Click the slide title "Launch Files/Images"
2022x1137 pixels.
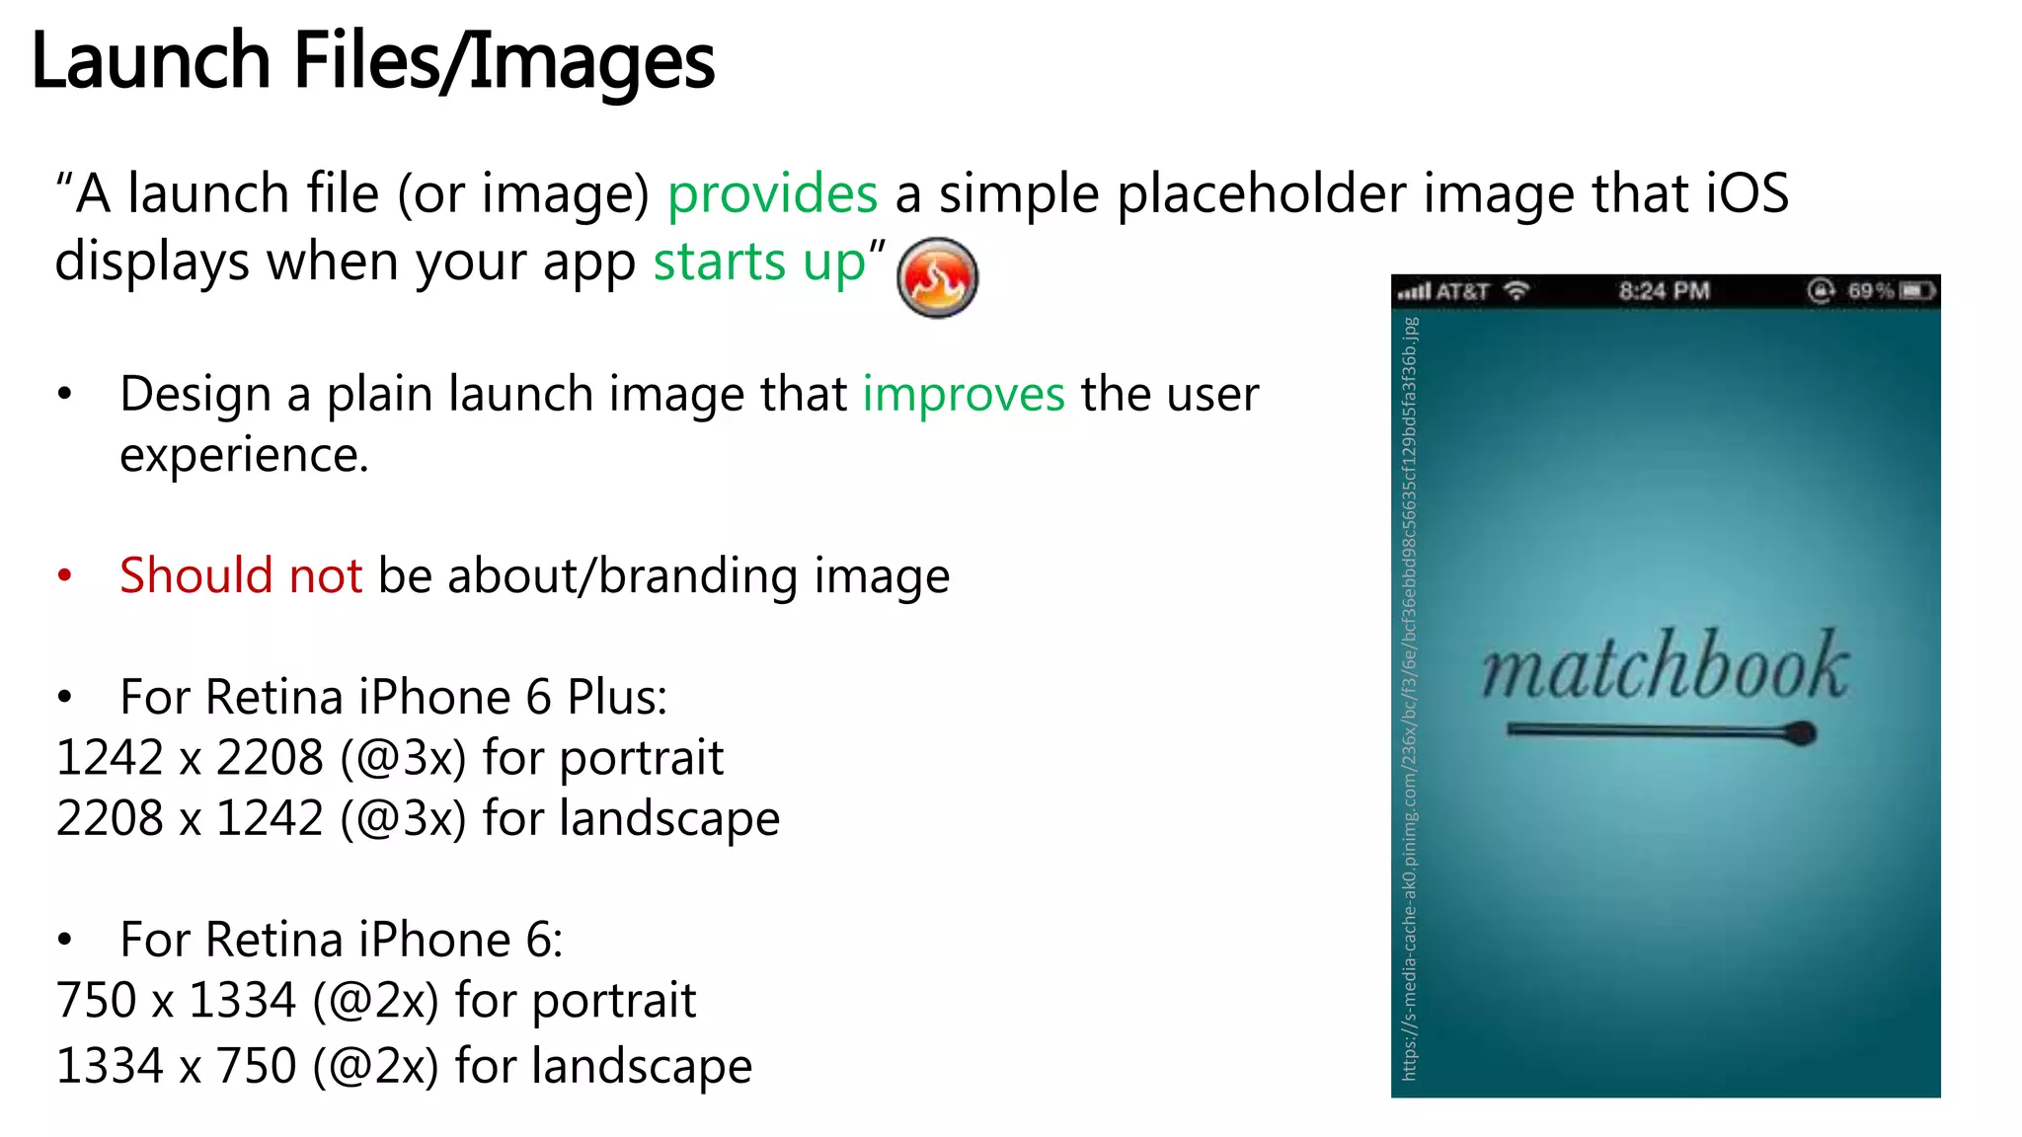pyautogui.click(x=373, y=61)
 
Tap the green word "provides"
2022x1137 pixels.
pyautogui.click(x=772, y=193)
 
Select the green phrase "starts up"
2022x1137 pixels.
pyautogui.click(x=759, y=263)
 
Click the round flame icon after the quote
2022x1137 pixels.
pyautogui.click(x=937, y=277)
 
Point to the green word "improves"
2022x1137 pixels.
pyautogui.click(x=964, y=395)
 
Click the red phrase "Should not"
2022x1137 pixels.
pyautogui.click(x=241, y=575)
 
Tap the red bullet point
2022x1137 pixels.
pyautogui.click(x=65, y=575)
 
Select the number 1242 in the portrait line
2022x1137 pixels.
pyautogui.click(x=110, y=758)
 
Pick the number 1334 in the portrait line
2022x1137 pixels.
pyautogui.click(x=242, y=1001)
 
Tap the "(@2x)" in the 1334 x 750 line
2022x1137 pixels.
pyautogui.click(x=375, y=1067)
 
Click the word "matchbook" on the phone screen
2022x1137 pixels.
pyautogui.click(x=1665, y=666)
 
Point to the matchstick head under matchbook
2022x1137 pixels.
pyautogui.click(x=1801, y=733)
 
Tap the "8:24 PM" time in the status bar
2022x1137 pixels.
pyautogui.click(x=1664, y=291)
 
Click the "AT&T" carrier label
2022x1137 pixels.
pyautogui.click(x=1461, y=292)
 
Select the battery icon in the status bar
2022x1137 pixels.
pyautogui.click(x=1917, y=291)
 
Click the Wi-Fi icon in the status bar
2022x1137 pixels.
pyautogui.click(x=1516, y=291)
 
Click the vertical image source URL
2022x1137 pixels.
pyautogui.click(x=1410, y=699)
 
